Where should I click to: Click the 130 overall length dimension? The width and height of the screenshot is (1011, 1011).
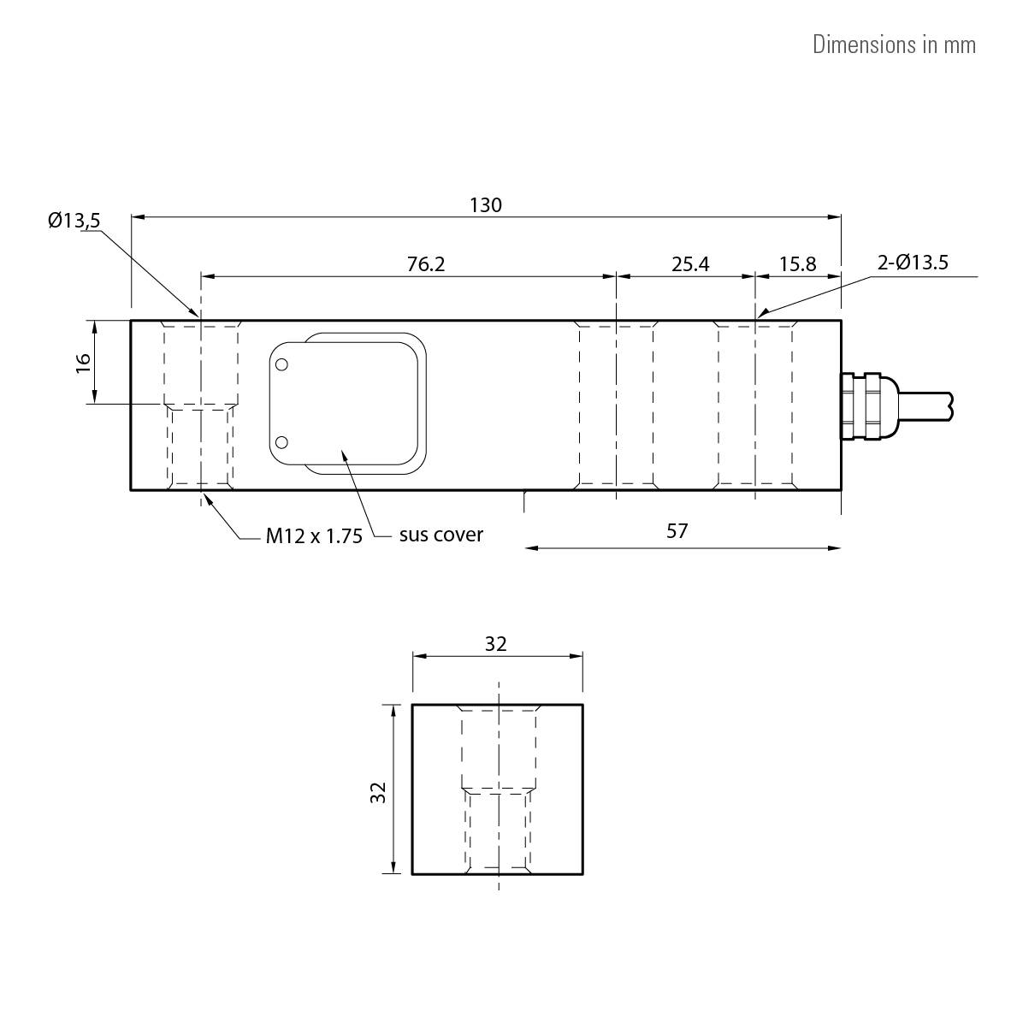486,205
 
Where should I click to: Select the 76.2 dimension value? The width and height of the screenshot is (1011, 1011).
426,264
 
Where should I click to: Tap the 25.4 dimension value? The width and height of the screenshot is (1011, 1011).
690,264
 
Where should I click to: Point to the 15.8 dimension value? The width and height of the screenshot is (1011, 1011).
797,264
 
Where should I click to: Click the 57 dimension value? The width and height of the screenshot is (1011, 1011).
677,531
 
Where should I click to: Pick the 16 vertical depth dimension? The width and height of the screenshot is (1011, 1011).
83,362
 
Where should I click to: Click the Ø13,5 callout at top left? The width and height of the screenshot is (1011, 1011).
74,221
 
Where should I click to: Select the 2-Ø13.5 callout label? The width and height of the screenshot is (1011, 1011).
913,263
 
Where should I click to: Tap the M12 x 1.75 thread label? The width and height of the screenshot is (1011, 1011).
314,536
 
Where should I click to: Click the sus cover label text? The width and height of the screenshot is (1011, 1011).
440,535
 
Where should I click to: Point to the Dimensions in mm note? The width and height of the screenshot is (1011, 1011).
894,44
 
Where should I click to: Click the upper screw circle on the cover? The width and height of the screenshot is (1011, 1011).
282,364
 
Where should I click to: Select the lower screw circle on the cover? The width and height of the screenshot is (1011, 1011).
282,442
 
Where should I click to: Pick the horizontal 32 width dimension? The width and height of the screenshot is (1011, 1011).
496,644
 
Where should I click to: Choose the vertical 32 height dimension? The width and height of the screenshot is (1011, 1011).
379,792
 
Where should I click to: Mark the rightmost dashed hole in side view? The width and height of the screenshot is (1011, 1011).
755,404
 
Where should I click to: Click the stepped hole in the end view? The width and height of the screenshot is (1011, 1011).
499,787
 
